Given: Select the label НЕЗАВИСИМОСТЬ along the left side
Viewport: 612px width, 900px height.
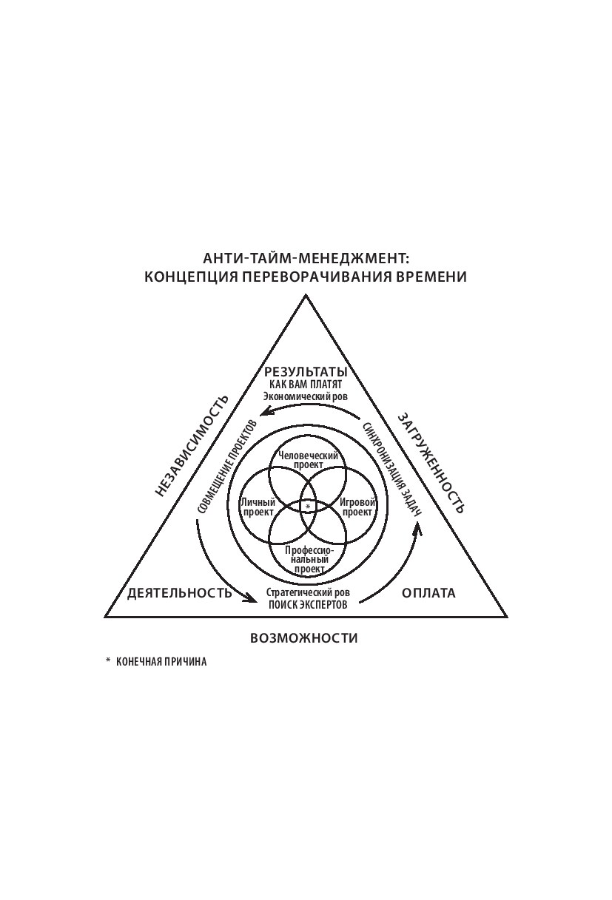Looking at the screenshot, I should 192,446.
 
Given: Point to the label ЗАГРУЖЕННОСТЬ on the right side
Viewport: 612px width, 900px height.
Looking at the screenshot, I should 431,462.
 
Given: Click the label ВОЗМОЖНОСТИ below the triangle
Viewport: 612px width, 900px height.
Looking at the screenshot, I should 304,637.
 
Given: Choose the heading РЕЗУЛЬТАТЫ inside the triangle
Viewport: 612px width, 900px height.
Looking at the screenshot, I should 306,372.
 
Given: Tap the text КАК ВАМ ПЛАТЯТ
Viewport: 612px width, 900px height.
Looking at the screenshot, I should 306,385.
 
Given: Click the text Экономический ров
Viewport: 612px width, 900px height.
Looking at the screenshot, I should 306,396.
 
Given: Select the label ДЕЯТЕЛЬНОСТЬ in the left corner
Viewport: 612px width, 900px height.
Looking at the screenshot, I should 180,592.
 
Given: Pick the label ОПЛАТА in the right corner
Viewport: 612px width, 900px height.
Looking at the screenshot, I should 428,592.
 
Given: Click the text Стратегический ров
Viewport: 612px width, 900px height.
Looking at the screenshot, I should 307,592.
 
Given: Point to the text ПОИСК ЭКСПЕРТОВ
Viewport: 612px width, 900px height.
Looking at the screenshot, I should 307,604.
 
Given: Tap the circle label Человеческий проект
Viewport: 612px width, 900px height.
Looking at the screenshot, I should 308,460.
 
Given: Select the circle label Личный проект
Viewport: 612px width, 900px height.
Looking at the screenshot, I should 258,507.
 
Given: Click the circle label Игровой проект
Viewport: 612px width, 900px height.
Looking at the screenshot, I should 357,507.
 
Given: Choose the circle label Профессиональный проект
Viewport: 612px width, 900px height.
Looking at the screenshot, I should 308,559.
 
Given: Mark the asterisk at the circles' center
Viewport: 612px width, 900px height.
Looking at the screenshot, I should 308,507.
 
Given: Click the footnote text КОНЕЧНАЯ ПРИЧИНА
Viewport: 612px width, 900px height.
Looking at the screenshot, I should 161,662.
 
